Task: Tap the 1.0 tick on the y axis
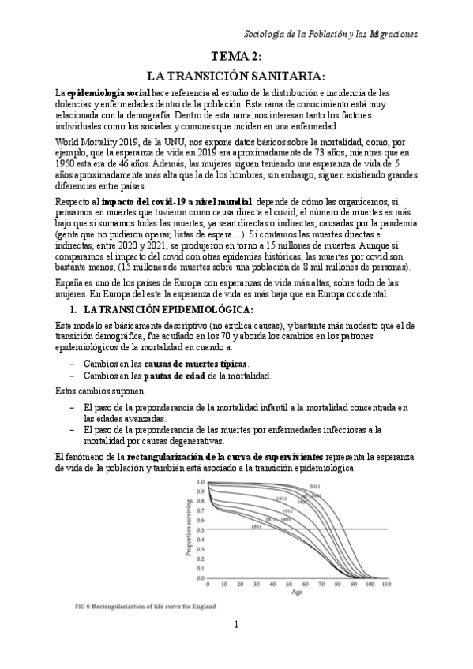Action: (x=200, y=480)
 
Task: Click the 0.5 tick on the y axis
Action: (x=200, y=529)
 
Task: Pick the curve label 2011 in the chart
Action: (x=314, y=486)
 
